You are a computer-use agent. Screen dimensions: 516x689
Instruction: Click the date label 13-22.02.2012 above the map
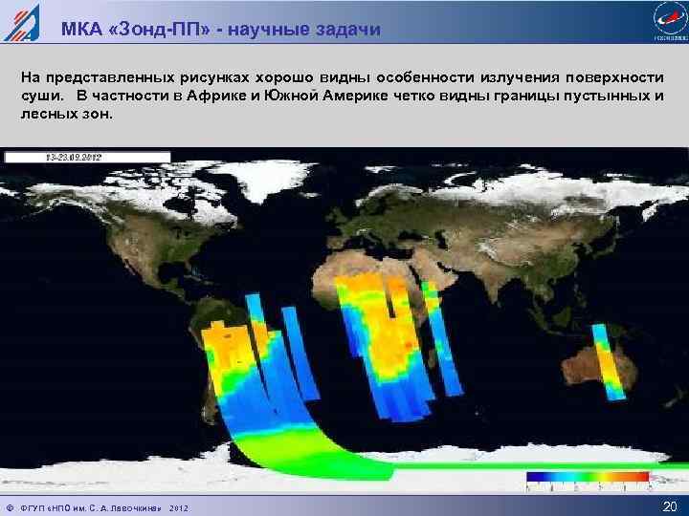coord(75,157)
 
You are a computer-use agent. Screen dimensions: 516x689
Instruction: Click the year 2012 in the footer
coord(179,507)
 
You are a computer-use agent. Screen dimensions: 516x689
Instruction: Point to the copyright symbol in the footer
coord(9,507)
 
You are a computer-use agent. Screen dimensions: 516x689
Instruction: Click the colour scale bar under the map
coord(588,476)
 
